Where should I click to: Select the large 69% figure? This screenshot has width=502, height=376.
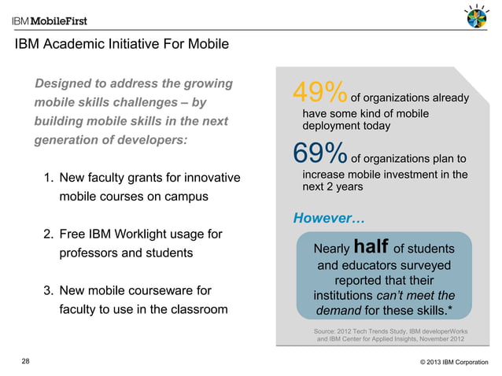coord(319,152)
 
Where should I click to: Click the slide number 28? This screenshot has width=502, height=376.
coord(26,361)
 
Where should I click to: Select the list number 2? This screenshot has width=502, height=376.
coord(48,234)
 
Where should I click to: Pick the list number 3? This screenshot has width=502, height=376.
coord(48,289)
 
